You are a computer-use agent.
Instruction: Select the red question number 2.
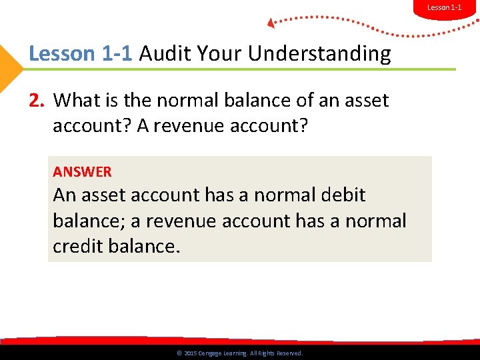click(36, 100)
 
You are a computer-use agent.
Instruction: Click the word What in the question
click(76, 100)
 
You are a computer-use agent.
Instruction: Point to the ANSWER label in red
click(82, 171)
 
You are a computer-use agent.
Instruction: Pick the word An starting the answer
click(65, 195)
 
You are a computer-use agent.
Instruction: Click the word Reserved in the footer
click(287, 353)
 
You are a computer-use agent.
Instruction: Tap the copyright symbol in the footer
click(179, 353)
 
